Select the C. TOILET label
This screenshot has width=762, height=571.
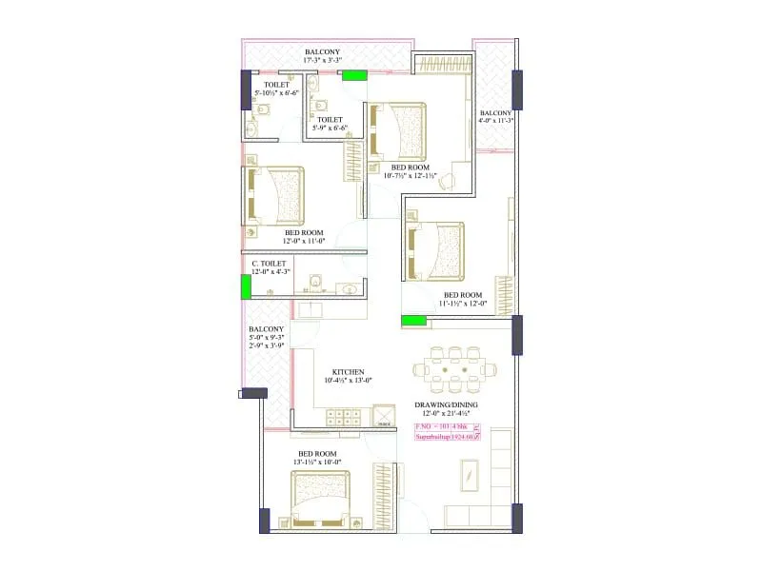269,263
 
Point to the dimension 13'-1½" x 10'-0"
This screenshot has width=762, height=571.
319,462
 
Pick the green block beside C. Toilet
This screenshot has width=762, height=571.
246,286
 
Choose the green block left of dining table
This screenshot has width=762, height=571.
413,321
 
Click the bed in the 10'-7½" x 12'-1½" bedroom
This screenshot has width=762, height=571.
399,131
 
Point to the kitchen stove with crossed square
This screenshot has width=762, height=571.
385,416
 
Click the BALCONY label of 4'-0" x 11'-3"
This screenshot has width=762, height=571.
496,112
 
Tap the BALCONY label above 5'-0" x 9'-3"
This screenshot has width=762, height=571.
268,329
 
